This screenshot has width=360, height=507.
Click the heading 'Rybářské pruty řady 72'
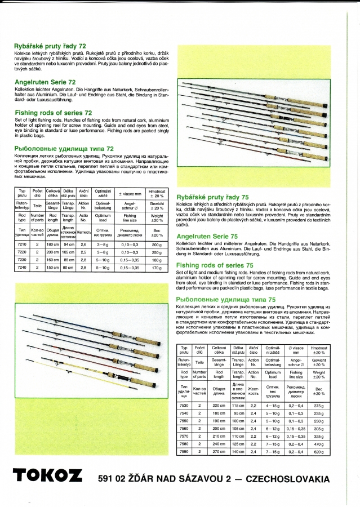(x=50, y=46)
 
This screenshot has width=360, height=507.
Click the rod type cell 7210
(x=23, y=245)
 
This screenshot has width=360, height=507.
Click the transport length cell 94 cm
(x=69, y=245)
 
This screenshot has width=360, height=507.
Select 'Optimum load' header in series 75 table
(x=272, y=375)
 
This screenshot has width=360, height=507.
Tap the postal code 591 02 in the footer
(x=112, y=479)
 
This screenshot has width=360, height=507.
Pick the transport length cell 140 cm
(x=238, y=451)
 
